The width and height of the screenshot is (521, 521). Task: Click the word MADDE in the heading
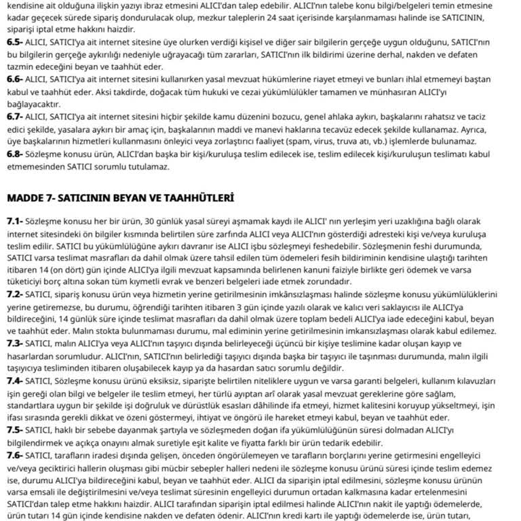click(x=25, y=198)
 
